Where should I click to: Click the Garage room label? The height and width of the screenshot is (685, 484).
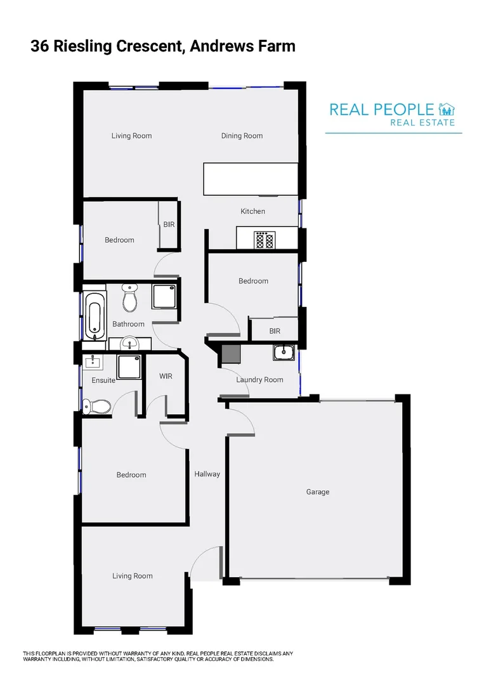coord(318,492)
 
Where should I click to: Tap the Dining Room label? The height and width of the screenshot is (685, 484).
coord(242,136)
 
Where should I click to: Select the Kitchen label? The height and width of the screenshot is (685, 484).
coord(252,211)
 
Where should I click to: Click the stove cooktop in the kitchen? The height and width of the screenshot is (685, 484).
coord(265,240)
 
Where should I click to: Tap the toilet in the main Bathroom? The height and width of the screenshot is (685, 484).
coord(130,299)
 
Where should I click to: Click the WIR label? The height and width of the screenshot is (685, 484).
coord(166,376)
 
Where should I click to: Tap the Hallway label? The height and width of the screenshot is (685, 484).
coord(207,474)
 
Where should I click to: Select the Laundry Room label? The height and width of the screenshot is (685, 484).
coord(259,380)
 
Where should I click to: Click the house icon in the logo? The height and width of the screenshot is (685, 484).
coord(447,109)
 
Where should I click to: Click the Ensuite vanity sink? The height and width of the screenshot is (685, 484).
coord(93,362)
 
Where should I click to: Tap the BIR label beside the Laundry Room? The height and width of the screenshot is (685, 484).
coord(275,331)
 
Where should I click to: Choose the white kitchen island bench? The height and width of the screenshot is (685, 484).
coord(250,179)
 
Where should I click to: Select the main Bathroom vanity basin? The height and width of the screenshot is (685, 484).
coord(129,344)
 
